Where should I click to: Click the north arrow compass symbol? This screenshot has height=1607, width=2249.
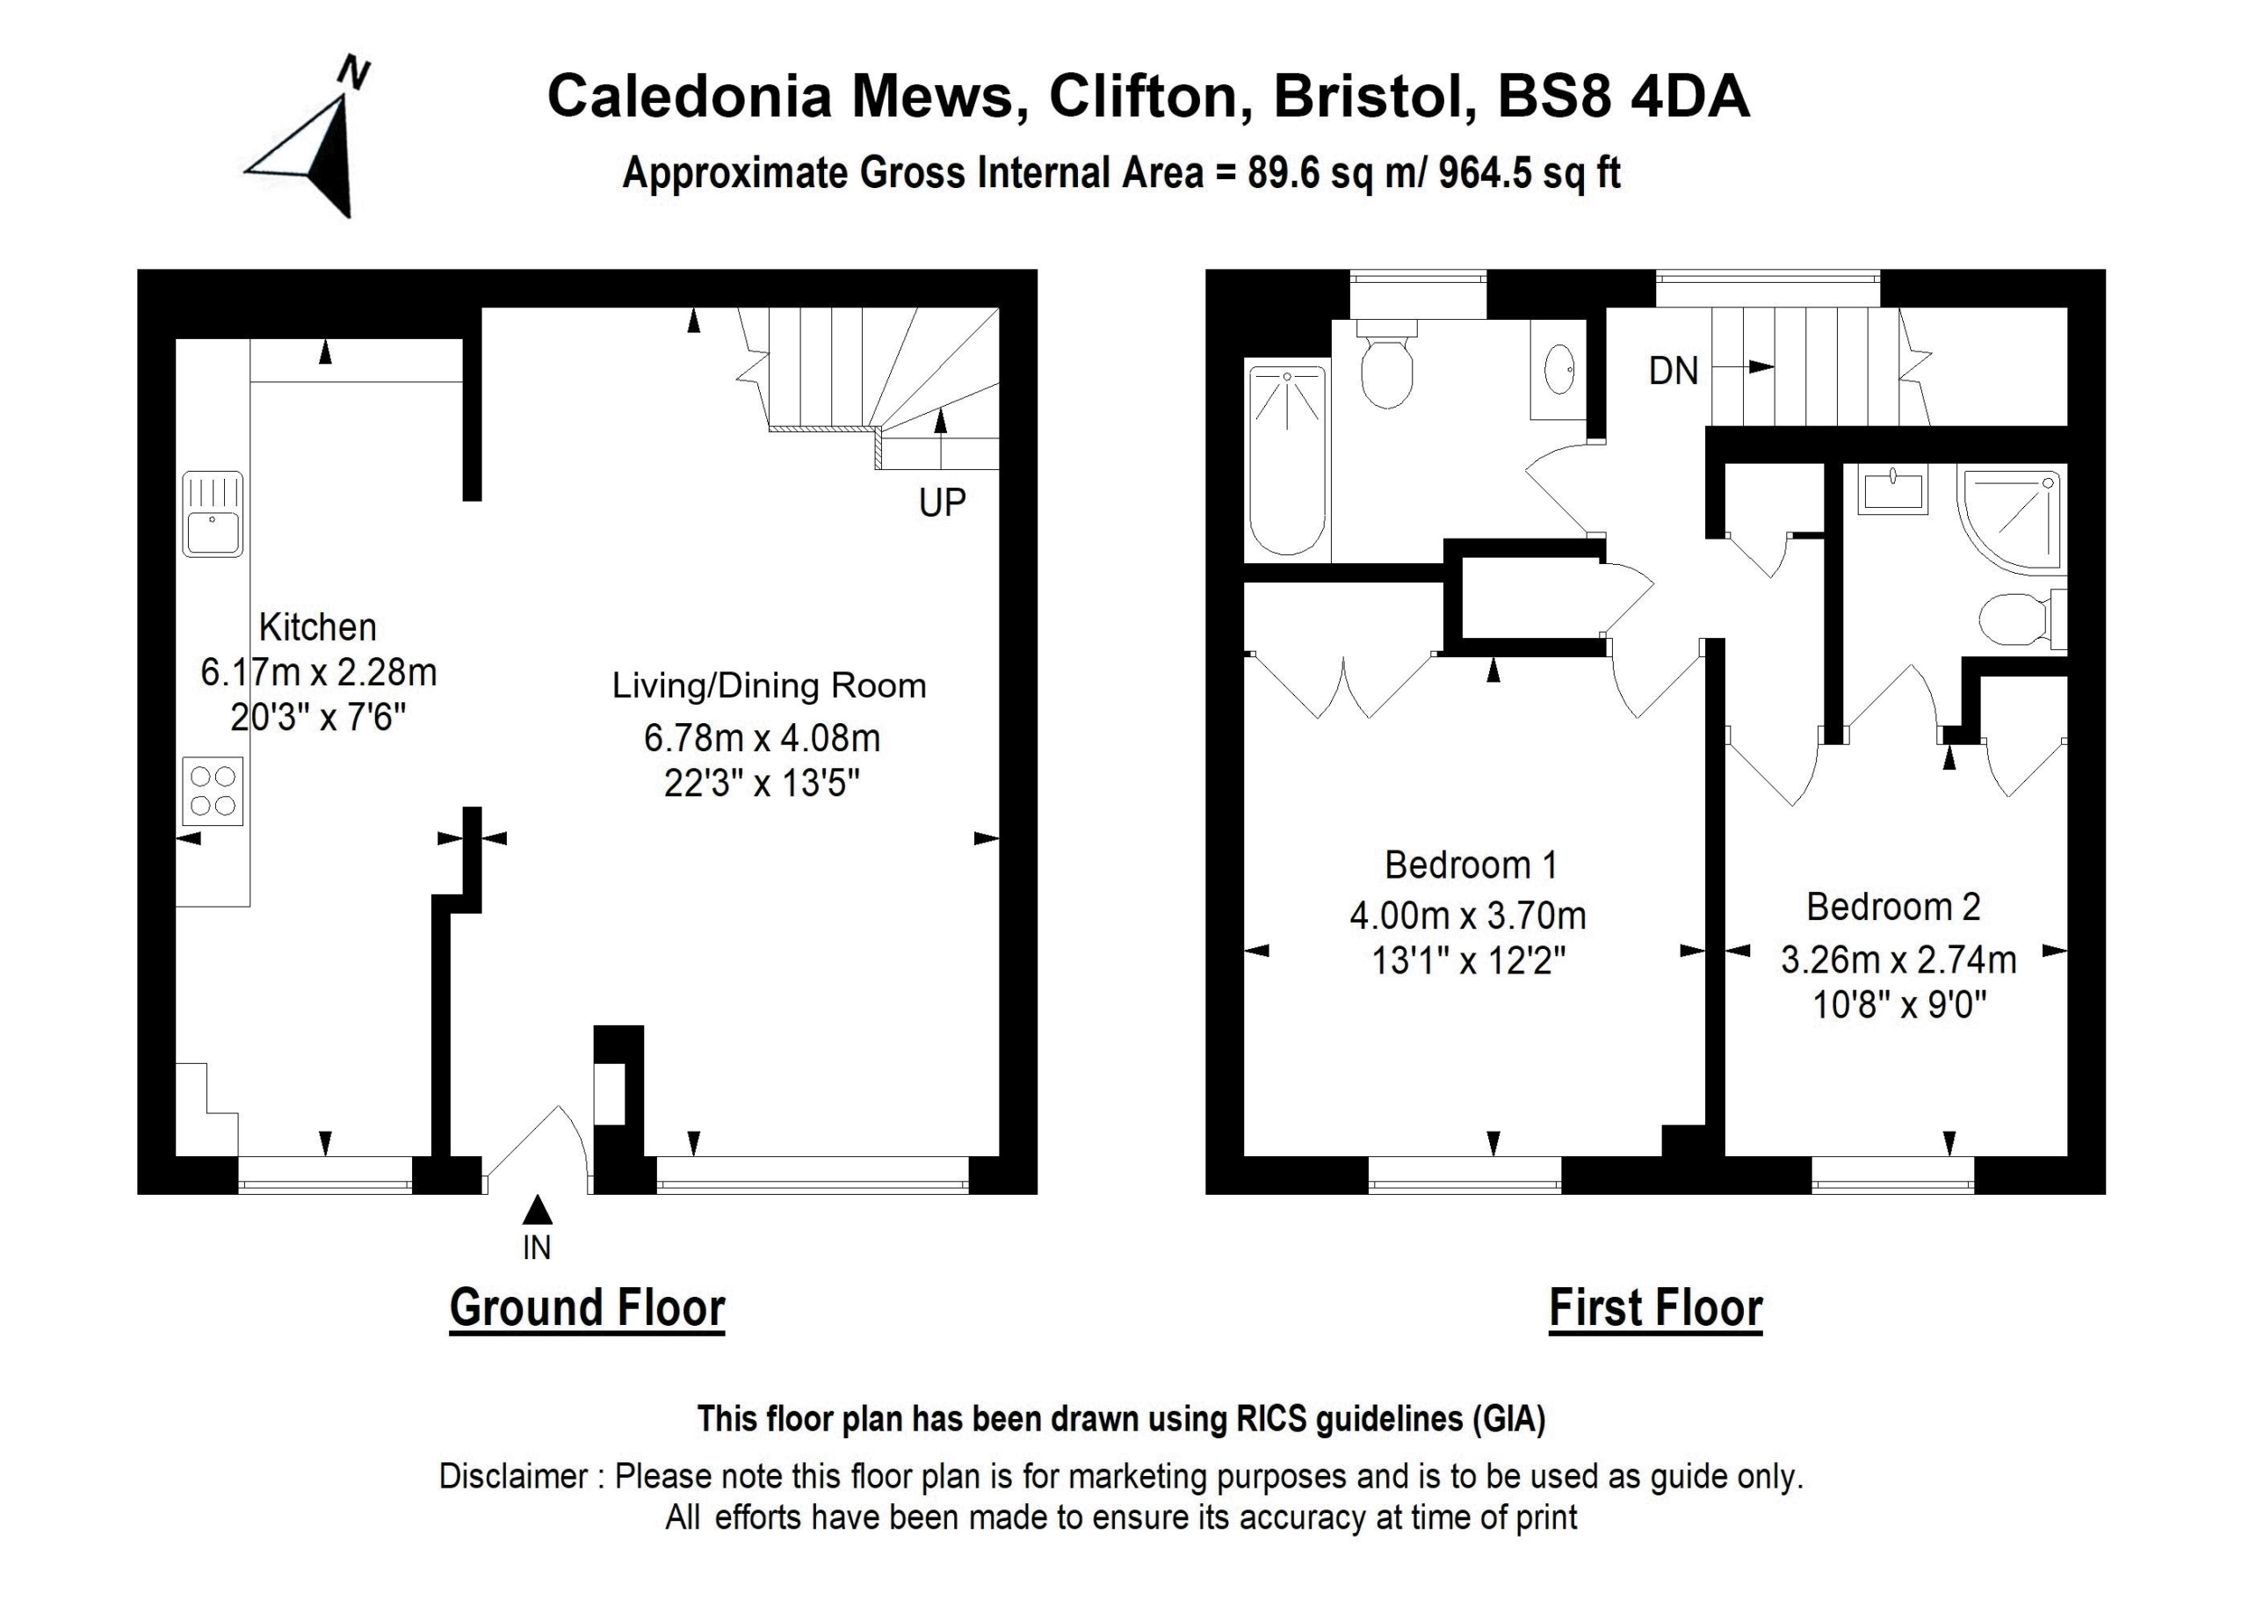click(x=315, y=148)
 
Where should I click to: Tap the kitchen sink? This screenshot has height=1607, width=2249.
click(x=213, y=514)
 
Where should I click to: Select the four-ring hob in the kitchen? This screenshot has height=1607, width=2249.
click(x=213, y=791)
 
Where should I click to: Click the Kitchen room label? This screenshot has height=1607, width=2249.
click(x=318, y=627)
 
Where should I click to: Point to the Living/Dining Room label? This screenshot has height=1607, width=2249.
click(x=769, y=685)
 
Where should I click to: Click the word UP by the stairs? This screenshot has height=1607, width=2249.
click(x=941, y=503)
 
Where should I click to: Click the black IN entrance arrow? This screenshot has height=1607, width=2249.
click(x=538, y=1209)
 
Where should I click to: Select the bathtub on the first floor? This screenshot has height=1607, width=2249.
click(x=1287, y=460)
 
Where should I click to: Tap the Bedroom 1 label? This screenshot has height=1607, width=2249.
click(x=1471, y=865)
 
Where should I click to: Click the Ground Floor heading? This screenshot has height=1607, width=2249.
click(x=587, y=1308)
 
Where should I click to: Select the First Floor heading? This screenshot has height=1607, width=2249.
click(x=1655, y=1308)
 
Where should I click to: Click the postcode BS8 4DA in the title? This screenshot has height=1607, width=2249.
click(x=1623, y=97)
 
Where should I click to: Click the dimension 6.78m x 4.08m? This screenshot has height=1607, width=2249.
click(x=762, y=738)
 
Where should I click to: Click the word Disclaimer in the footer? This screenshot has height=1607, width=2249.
click(x=514, y=1476)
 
